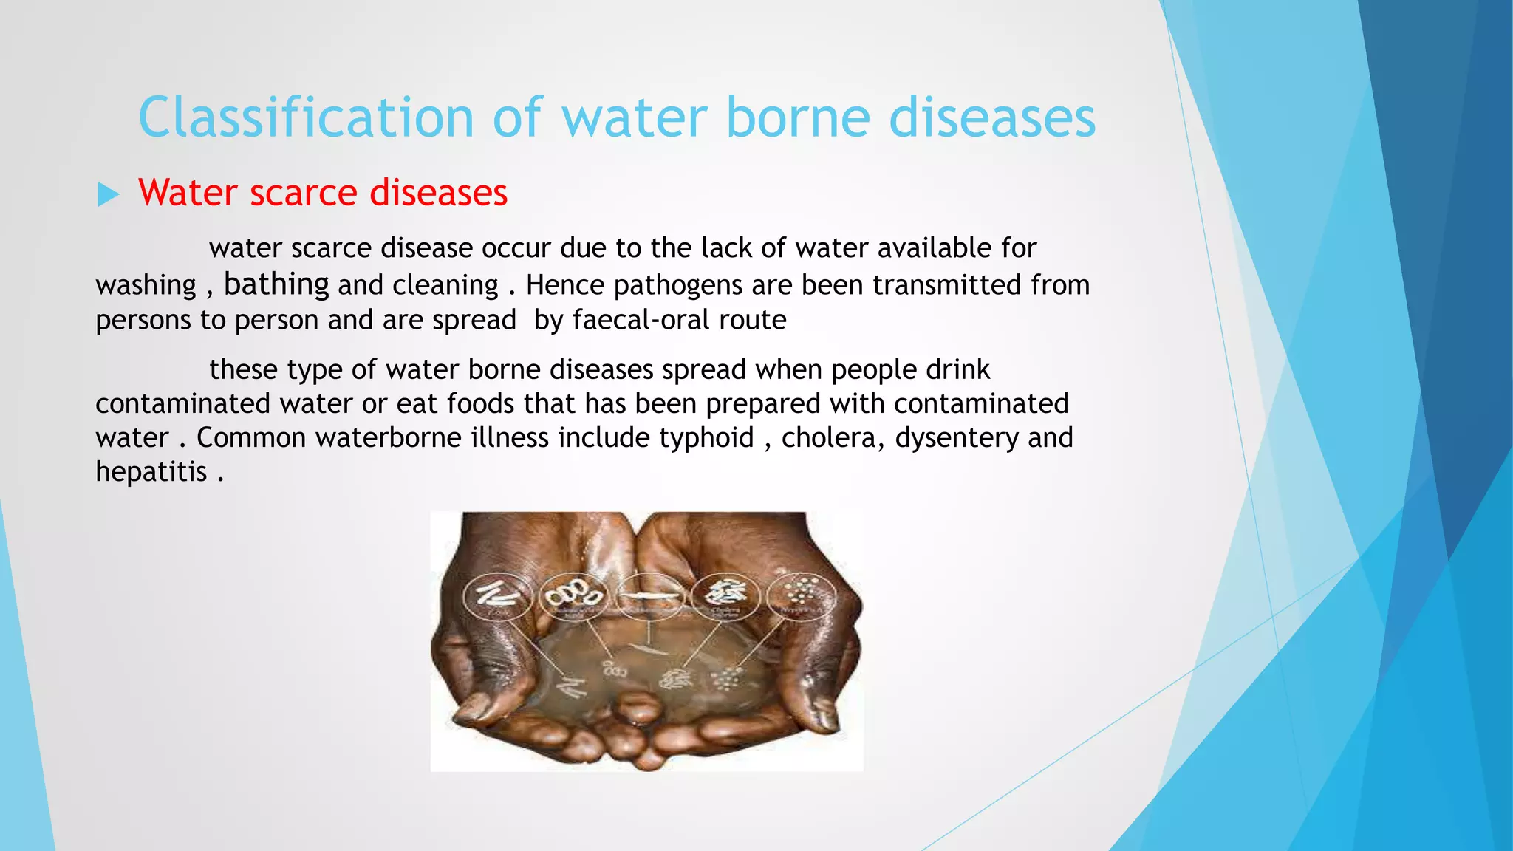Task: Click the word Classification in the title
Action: pos(305,118)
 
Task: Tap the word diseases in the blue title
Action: pos(992,118)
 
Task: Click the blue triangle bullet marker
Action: pos(108,195)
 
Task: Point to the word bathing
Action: pos(276,284)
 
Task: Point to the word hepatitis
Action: pos(151,472)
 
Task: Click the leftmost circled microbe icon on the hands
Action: pos(496,595)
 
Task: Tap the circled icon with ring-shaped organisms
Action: pos(573,595)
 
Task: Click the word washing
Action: pos(146,286)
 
